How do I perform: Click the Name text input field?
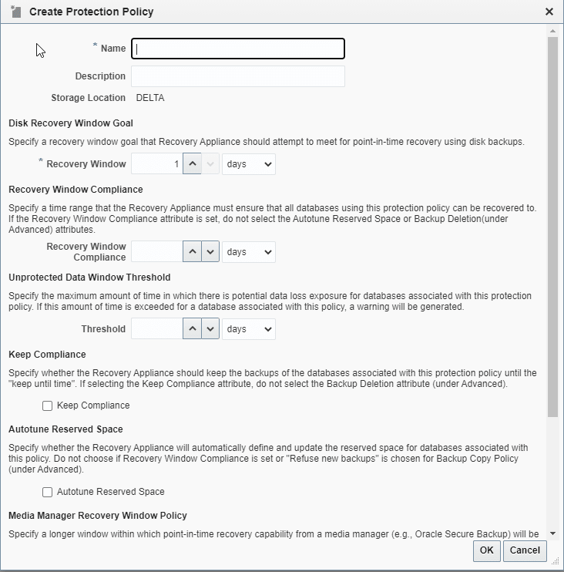tap(238, 49)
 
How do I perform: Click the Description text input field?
tap(238, 76)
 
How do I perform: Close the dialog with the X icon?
tap(549, 12)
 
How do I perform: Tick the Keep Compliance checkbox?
tap(48, 405)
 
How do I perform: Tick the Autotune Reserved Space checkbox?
tap(48, 492)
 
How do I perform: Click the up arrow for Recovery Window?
tap(193, 164)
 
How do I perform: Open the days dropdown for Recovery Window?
tap(248, 164)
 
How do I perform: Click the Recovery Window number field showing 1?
tap(156, 164)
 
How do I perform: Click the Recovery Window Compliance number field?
tap(156, 252)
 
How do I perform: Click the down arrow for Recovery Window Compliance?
tap(210, 252)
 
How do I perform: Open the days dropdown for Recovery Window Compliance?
tap(248, 252)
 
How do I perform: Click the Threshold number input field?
tap(156, 328)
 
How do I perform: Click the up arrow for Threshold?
tap(193, 328)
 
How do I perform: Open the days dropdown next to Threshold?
tap(248, 328)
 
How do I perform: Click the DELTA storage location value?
tap(150, 98)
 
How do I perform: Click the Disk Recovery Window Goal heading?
tap(71, 123)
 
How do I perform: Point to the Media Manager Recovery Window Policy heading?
tap(98, 515)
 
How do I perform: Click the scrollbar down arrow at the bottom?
tap(553, 533)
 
